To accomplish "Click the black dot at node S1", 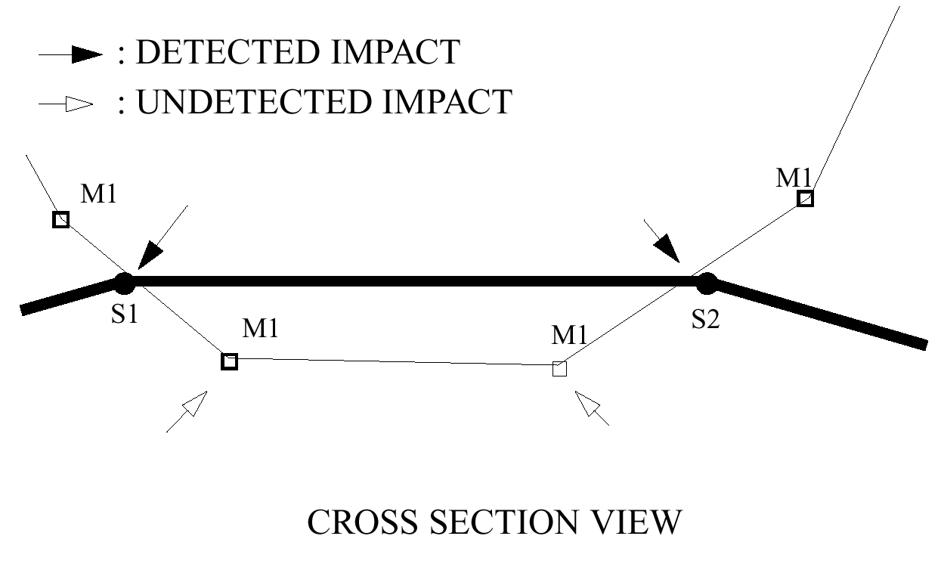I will click(x=124, y=283).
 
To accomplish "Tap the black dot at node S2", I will click(x=706, y=283).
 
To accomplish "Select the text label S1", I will click(x=125, y=314).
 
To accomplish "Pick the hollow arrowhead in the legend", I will click(x=79, y=104).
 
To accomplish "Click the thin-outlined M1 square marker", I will click(x=559, y=369).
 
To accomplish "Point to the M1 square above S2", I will click(x=806, y=199).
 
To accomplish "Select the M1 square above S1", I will click(x=61, y=220).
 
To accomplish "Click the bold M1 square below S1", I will click(x=229, y=361).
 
